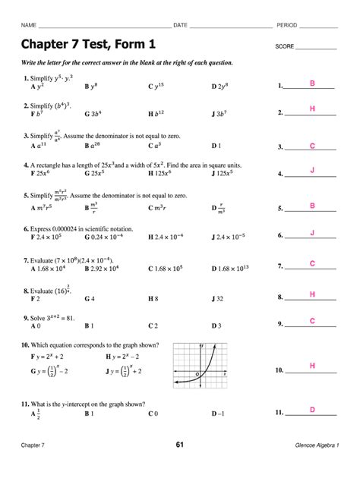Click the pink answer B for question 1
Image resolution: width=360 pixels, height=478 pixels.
point(311,81)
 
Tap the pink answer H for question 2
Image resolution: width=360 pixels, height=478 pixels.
point(312,109)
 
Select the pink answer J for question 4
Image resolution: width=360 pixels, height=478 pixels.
point(312,171)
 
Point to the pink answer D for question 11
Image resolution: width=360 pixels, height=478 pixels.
point(312,410)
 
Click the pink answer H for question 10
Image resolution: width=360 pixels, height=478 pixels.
point(312,366)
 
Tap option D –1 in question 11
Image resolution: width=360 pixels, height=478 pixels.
point(219,414)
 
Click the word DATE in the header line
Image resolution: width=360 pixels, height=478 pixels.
point(181,26)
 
